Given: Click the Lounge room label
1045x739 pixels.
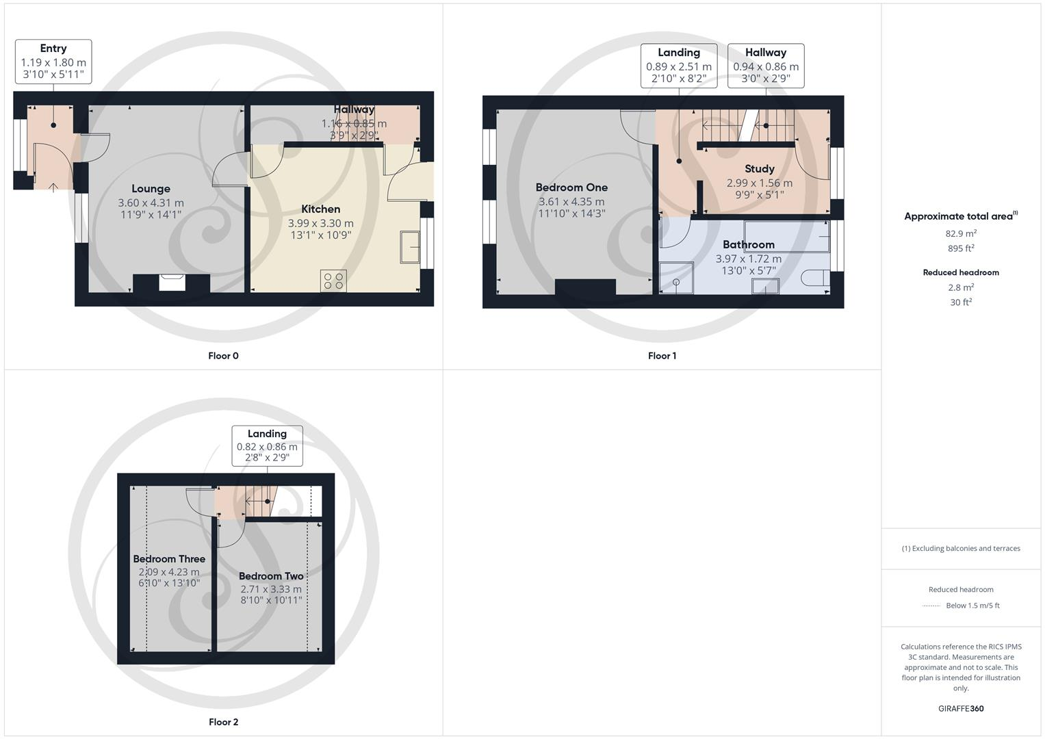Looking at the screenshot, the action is click(x=151, y=188).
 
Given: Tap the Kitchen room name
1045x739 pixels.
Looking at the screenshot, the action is click(x=320, y=209).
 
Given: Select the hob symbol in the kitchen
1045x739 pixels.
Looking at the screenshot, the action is click(x=333, y=281).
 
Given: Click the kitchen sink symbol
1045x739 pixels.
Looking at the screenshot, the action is click(x=410, y=247).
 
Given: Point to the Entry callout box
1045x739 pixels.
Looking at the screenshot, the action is click(x=53, y=62).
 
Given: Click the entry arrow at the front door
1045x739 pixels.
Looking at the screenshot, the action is click(x=53, y=187).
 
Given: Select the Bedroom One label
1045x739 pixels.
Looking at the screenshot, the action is click(x=571, y=187).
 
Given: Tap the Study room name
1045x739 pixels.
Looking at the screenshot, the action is click(x=760, y=168).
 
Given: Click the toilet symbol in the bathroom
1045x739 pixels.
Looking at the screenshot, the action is click(x=815, y=278).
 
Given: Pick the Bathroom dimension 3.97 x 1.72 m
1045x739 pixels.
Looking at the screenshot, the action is click(x=749, y=259).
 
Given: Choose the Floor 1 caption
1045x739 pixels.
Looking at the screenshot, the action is click(x=662, y=356).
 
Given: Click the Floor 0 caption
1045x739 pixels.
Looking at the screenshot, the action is click(x=224, y=356).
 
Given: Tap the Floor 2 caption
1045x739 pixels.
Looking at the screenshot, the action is click(x=224, y=722).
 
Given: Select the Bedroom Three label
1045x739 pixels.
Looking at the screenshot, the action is click(x=169, y=559).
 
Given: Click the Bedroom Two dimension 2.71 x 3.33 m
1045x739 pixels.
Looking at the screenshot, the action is click(x=271, y=589).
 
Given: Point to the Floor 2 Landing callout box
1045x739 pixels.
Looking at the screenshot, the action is click(x=268, y=445).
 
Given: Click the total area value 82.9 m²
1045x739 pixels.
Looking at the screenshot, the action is click(x=961, y=233).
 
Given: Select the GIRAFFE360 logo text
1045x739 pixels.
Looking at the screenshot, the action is click(x=961, y=709).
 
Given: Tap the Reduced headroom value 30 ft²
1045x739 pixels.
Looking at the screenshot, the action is click(x=961, y=302).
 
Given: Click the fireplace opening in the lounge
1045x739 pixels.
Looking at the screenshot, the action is click(x=172, y=283).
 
